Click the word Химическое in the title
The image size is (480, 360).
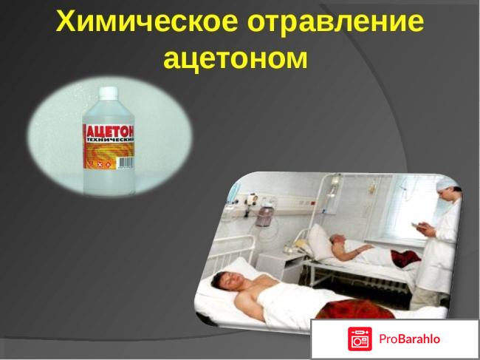tap(146, 21)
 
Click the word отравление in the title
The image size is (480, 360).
tap(336, 22)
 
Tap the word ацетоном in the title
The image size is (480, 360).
tap(235, 58)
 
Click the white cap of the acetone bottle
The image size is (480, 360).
tap(108, 93)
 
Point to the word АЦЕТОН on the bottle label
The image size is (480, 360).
tap(110, 131)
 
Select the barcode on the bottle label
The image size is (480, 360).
tap(126, 163)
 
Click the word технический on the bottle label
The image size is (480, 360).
tap(111, 140)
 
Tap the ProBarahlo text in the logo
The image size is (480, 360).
tap(409, 339)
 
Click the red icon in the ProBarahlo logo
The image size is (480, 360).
tap(360, 339)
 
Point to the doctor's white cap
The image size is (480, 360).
tap(448, 184)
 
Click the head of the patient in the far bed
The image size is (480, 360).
tap(337, 240)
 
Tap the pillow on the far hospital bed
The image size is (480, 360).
tap(320, 240)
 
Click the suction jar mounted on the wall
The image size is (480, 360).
tap(264, 216)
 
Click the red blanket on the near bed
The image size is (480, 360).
tap(355, 309)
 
